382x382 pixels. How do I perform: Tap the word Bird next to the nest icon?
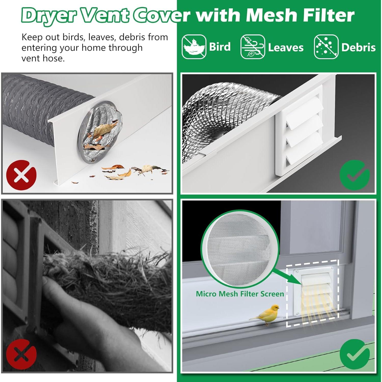220,47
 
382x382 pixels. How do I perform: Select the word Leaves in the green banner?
286,48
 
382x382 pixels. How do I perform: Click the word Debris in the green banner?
358,47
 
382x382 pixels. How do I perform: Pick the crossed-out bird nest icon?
194,47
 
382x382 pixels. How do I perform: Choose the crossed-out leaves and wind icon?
253,47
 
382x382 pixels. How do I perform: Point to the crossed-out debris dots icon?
326,47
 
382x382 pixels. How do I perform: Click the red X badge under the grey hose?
21,174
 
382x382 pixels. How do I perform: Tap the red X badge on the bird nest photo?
21,354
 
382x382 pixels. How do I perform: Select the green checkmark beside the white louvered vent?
354,174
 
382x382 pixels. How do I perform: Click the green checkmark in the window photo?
354,354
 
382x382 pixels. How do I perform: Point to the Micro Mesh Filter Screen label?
240,294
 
